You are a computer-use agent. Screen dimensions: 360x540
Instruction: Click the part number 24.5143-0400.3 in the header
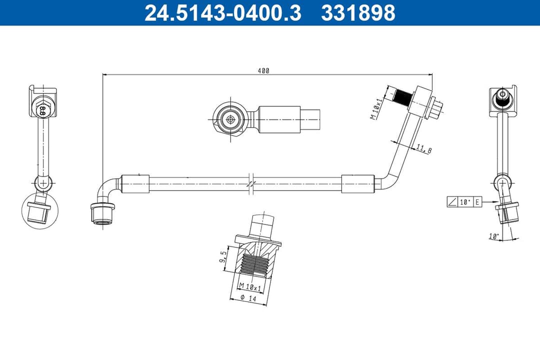point(222,13)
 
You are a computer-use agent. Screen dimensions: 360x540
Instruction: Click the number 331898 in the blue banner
point(358,13)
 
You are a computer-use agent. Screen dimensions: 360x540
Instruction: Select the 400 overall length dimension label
point(263,71)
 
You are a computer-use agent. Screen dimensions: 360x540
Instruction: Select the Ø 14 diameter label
point(248,298)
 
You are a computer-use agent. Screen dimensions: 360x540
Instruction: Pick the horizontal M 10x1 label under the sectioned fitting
point(250,287)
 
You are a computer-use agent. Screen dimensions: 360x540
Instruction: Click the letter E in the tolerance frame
point(477,202)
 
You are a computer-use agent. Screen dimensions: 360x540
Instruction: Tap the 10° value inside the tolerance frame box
point(465,202)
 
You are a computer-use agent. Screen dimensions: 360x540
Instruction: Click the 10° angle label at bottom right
point(494,235)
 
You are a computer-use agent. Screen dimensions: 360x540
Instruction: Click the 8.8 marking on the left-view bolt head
point(42,109)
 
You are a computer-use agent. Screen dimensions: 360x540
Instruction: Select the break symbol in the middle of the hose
point(251,183)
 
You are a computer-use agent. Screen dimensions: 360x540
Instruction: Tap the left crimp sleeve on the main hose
point(135,183)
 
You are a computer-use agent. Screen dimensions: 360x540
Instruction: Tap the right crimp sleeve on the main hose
point(357,183)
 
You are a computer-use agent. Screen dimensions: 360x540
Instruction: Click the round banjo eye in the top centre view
point(230,119)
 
